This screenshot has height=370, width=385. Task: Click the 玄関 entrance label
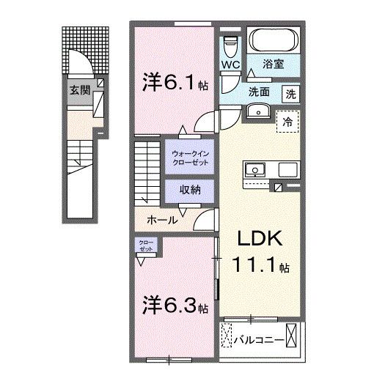(x=79, y=91)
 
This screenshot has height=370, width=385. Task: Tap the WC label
(x=231, y=64)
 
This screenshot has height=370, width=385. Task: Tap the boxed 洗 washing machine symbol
(x=291, y=93)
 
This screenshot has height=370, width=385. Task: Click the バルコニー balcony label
(x=262, y=339)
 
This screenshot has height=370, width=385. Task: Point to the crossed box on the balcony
(x=293, y=337)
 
